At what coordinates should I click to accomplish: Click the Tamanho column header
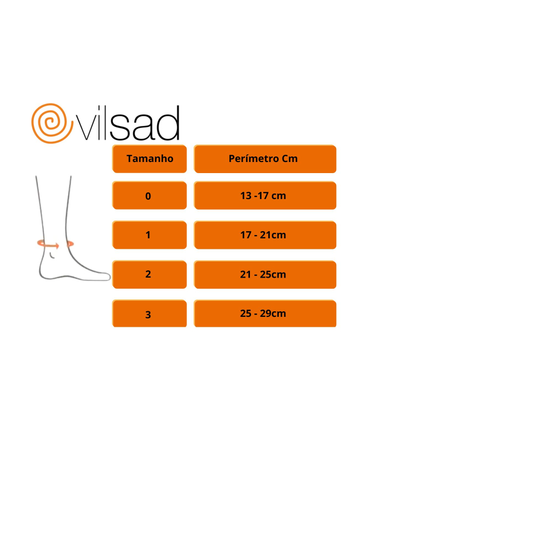[x=149, y=159]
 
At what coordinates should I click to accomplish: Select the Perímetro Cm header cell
[x=265, y=159]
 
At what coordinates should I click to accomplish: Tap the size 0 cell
[x=149, y=195]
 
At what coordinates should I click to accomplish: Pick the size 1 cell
[x=149, y=235]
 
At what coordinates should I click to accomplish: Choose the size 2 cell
[x=149, y=274]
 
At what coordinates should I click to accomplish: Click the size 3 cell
[x=149, y=314]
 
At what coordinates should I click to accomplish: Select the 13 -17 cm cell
[x=265, y=195]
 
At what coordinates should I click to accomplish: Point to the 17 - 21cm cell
[x=265, y=235]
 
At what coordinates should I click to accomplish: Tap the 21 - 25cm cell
[x=265, y=274]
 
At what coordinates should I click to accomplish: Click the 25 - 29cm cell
[x=265, y=314]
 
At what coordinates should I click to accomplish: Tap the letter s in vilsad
[x=119, y=128]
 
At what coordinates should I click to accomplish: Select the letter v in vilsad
[x=86, y=128]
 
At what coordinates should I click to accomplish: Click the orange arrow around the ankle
[x=48, y=244]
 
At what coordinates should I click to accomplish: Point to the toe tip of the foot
[x=109, y=277]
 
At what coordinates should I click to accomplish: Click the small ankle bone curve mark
[x=52, y=255]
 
